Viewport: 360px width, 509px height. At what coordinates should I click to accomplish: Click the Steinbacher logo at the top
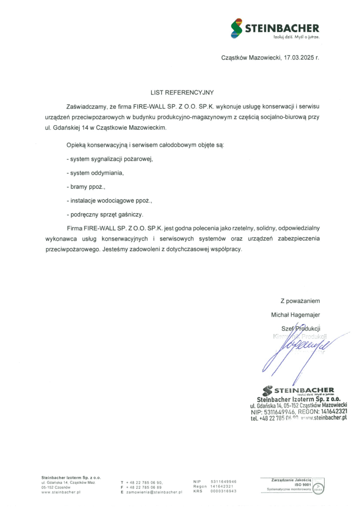275,29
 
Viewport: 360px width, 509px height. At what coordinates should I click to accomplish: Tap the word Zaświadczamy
86,107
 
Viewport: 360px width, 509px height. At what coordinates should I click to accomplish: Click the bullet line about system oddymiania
94,173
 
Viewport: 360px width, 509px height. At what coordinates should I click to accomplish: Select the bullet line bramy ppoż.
86,187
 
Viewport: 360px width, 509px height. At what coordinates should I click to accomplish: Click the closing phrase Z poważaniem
300,301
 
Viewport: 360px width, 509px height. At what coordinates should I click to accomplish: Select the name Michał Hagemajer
295,315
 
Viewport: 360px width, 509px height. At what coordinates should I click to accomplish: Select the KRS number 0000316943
223,491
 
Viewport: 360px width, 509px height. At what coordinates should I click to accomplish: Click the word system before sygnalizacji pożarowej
80,159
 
